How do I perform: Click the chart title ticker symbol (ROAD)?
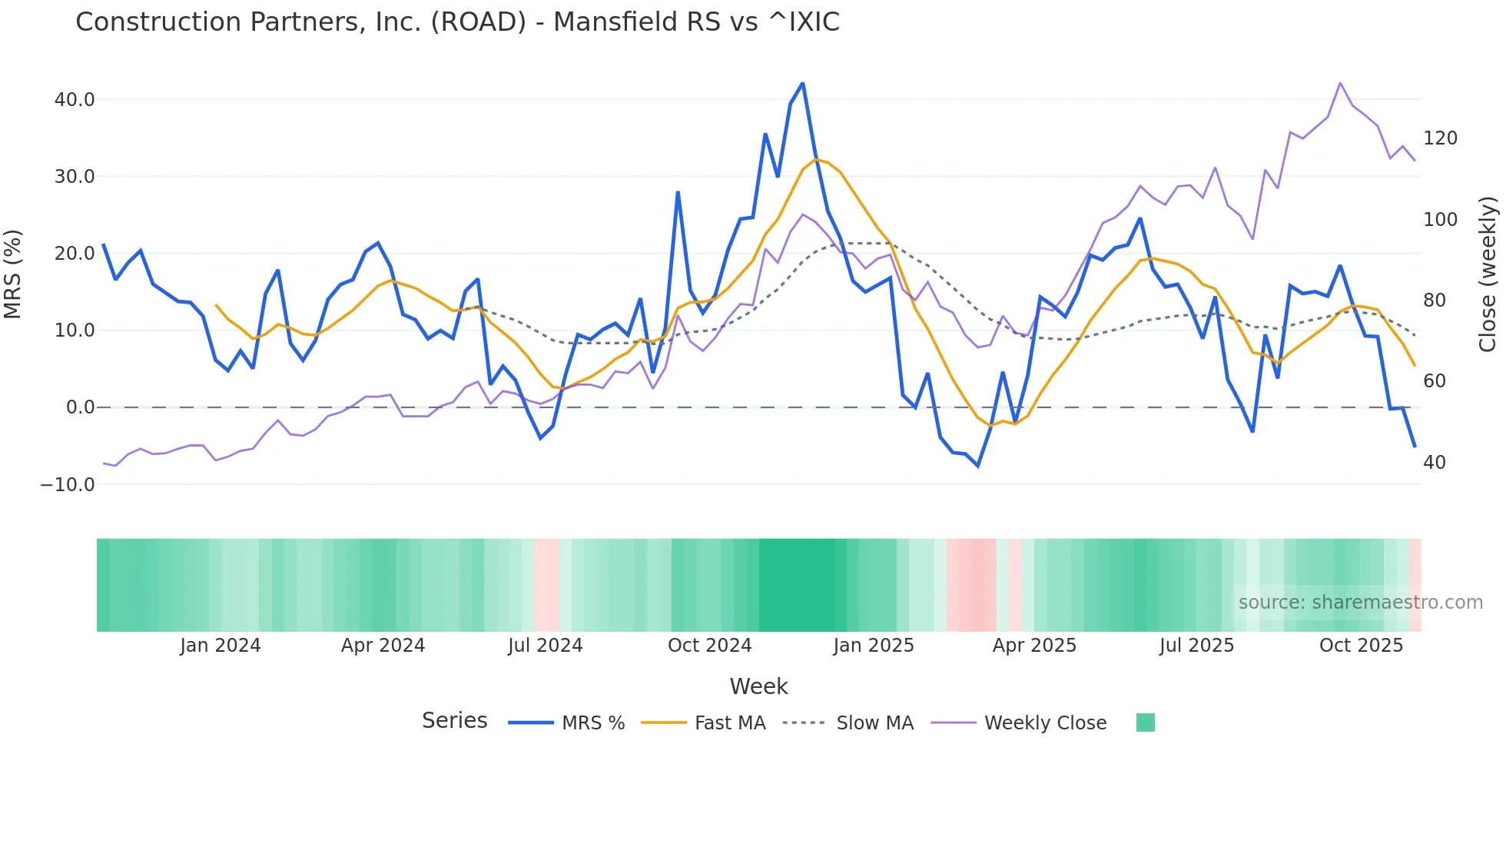click(x=479, y=22)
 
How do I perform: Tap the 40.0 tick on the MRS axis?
click(x=75, y=100)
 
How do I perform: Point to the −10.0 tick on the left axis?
click(x=68, y=485)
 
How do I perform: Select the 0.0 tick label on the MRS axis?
click(x=81, y=407)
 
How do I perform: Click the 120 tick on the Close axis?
click(x=1440, y=138)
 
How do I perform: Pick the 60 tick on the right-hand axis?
click(x=1435, y=381)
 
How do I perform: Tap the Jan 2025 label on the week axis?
click(x=874, y=646)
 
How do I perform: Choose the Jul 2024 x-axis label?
click(x=545, y=646)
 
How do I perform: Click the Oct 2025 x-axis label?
click(x=1361, y=646)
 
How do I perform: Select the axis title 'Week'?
click(x=758, y=686)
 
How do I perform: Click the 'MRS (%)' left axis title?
click(x=13, y=274)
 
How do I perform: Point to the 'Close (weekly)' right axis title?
click(x=1488, y=274)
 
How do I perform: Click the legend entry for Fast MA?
click(x=729, y=723)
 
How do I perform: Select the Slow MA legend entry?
click(x=874, y=723)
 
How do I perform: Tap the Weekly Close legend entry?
click(x=1045, y=723)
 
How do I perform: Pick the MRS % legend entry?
click(x=592, y=723)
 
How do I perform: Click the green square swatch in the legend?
click(x=1145, y=722)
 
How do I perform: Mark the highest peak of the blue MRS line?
click(x=803, y=83)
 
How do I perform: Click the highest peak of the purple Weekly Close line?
click(x=1340, y=83)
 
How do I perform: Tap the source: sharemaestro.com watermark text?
click(x=1360, y=603)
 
